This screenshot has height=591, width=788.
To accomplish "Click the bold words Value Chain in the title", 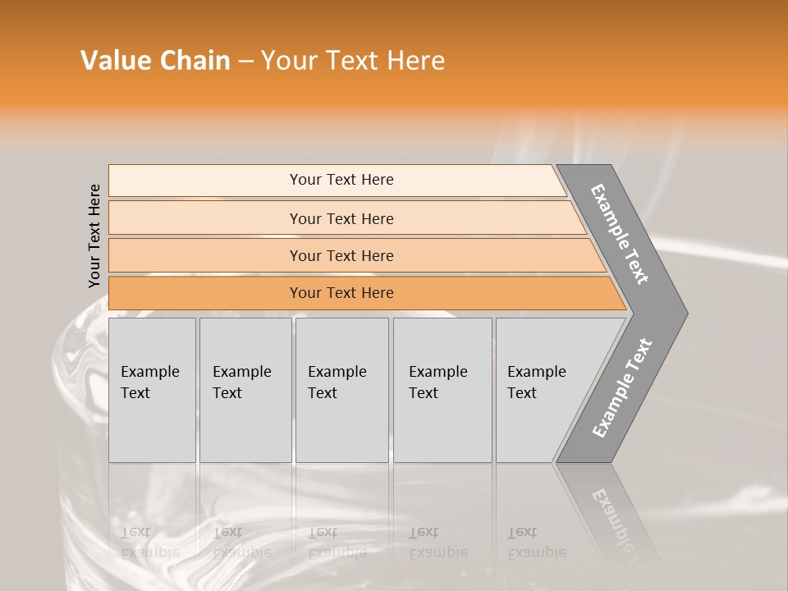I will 155,61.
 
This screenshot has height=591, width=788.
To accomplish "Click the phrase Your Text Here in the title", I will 353,61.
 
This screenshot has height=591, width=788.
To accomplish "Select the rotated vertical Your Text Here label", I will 95,236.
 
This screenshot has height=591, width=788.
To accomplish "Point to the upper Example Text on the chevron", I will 620,234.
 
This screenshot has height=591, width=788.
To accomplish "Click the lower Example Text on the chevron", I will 621,388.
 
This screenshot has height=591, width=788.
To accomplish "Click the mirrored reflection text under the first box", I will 149,543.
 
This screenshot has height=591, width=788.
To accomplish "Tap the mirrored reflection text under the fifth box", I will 536,543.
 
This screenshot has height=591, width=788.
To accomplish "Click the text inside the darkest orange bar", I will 341,293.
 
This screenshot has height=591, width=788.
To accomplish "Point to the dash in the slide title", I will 245,62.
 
